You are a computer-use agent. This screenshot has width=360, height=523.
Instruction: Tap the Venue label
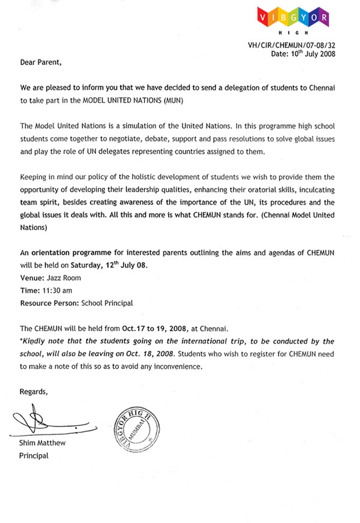(x=32, y=278)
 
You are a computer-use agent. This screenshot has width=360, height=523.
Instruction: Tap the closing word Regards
(x=34, y=392)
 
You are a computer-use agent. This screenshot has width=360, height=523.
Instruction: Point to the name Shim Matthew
(x=43, y=443)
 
